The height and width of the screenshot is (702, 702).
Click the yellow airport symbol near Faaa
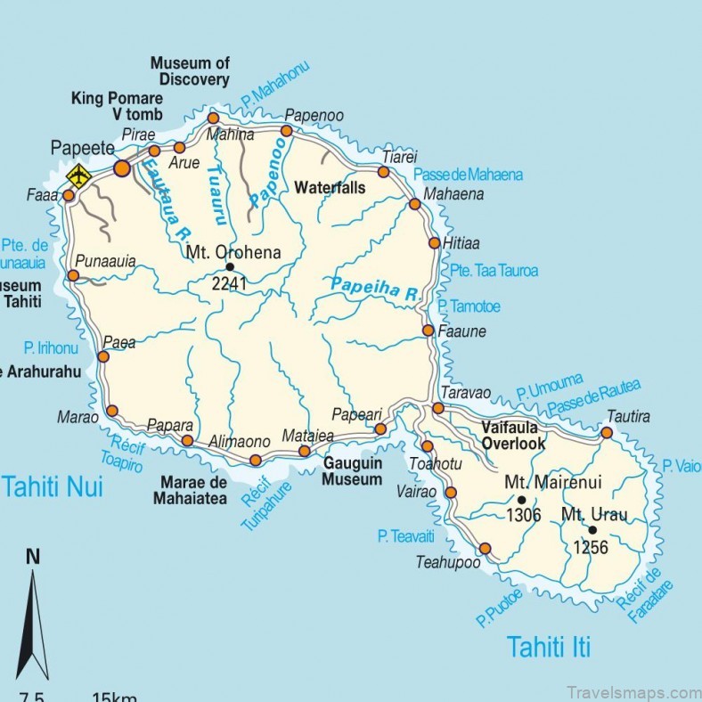78,175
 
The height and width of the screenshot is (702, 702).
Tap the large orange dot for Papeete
122,167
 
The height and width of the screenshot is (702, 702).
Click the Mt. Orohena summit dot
230,266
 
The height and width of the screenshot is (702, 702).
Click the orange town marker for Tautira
607,433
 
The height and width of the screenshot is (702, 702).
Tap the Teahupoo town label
447,562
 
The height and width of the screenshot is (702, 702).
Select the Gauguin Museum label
353,471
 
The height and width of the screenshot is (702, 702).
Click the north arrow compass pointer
33,624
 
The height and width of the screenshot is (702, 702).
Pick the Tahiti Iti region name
549,646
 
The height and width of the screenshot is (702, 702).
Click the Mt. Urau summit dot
592,530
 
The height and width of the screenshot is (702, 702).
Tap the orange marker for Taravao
438,408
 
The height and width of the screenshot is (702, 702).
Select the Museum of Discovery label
190,71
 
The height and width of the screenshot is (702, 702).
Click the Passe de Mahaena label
469,175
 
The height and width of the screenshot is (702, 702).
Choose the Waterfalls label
330,188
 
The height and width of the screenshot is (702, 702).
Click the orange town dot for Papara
187,440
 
